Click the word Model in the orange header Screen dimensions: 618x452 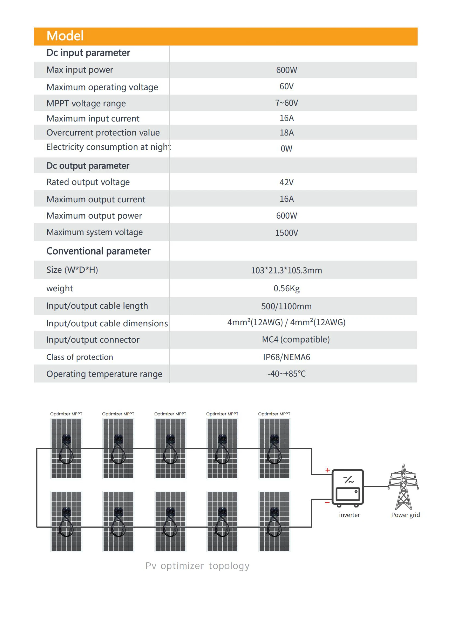(65, 36)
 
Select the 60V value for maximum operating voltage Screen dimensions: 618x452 (286, 87)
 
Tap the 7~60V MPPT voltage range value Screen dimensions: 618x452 (286, 103)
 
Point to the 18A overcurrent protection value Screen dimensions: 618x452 (286, 133)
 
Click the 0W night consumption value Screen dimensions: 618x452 (286, 149)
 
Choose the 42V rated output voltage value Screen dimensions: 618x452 (286, 182)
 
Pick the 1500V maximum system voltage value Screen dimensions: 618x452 (286, 233)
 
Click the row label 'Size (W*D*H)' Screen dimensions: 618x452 (72, 270)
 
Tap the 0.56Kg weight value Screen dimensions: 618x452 (286, 288)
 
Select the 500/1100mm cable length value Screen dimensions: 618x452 (286, 306)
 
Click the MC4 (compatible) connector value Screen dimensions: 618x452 (295, 340)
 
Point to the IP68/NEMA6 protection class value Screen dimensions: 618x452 (286, 357)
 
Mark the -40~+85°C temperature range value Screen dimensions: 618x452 (286, 374)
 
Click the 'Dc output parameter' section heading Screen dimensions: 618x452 (88, 166)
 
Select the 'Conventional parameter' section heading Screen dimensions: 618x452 (98, 251)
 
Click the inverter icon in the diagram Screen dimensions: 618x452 (347, 488)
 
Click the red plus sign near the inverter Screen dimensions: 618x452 (327, 470)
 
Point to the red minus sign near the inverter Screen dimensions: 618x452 (327, 503)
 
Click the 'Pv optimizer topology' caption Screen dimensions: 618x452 (197, 566)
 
